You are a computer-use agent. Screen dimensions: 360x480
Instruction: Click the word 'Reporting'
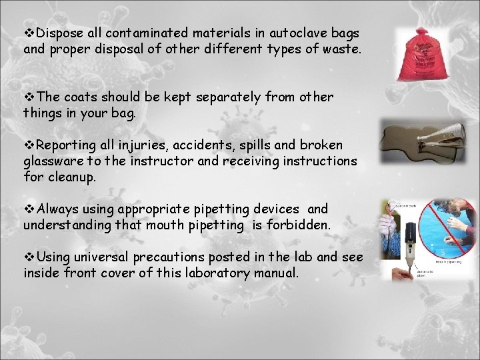click(65, 145)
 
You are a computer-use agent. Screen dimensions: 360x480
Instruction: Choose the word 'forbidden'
click(298, 225)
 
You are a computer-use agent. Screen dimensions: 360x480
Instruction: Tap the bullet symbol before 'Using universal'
click(29, 257)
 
